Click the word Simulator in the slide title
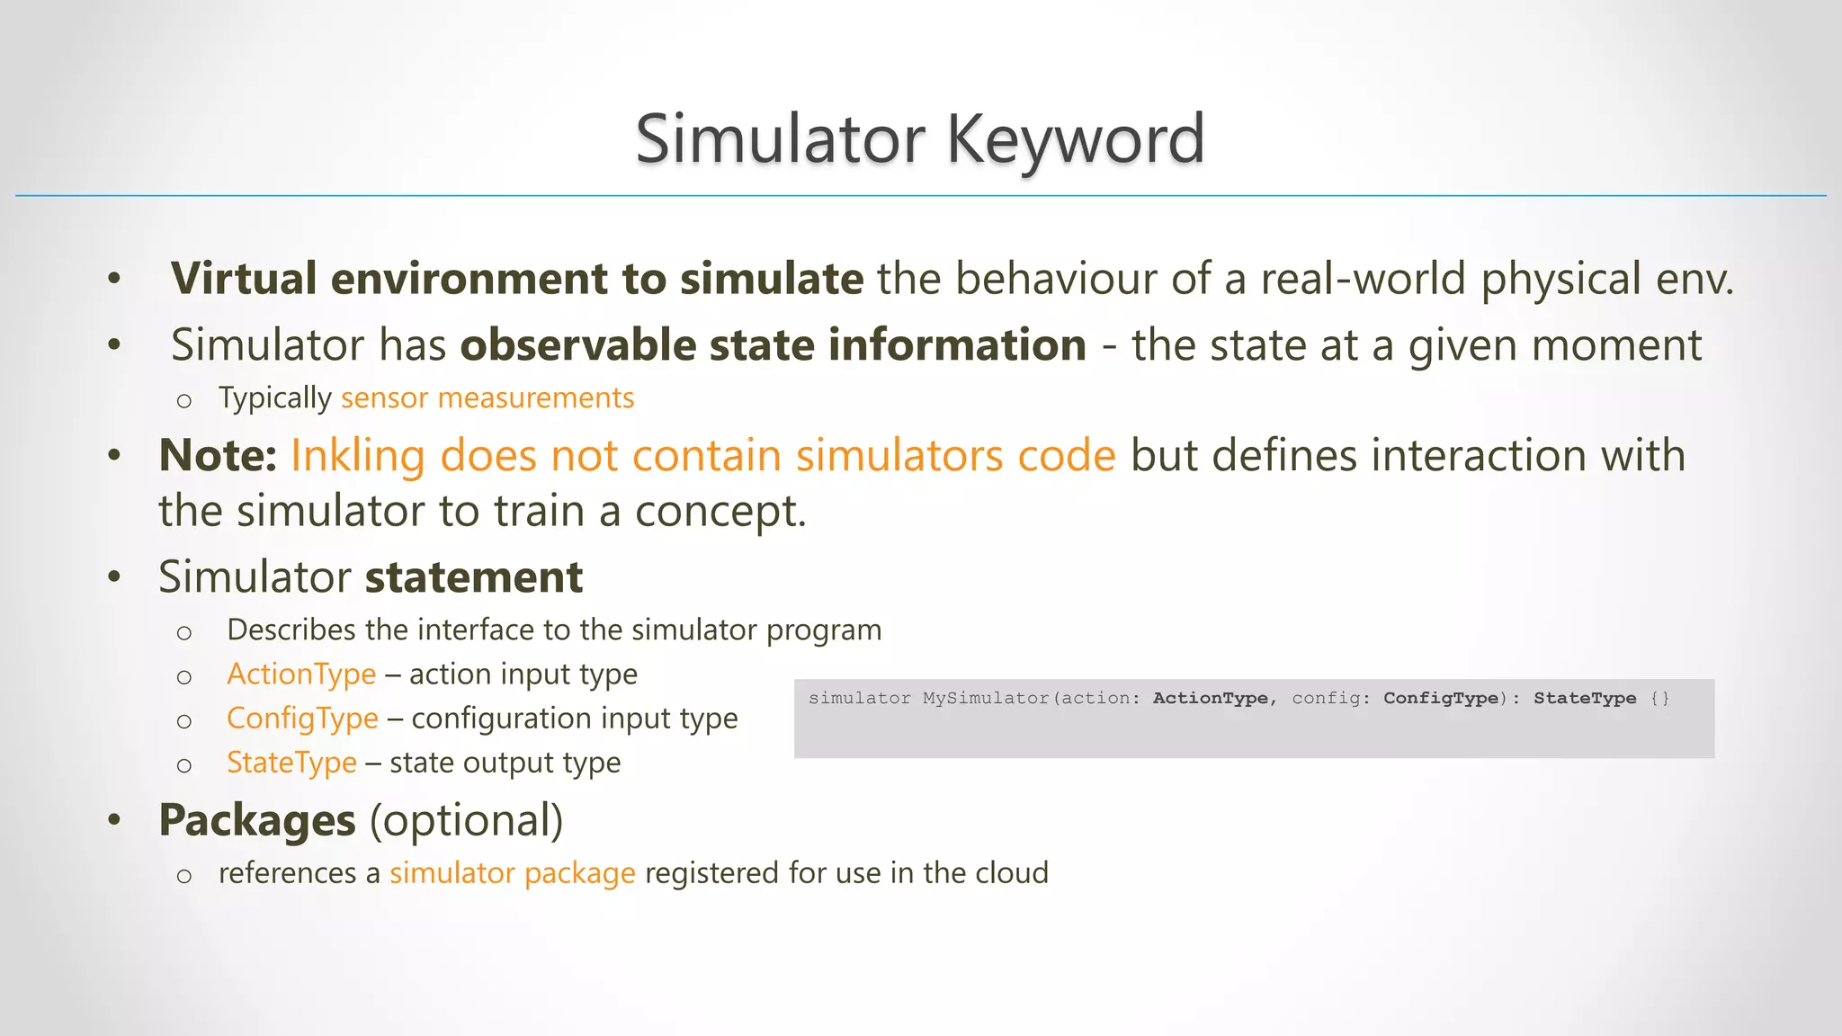[x=780, y=139]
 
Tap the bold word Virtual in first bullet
[x=244, y=278]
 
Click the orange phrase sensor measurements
[x=487, y=397]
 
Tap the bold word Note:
[x=218, y=455]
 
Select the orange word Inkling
[x=357, y=455]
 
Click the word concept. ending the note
[x=720, y=512]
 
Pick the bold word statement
[x=474, y=576]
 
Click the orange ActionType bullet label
[x=301, y=674]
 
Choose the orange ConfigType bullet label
[x=302, y=718]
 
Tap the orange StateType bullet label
[x=291, y=763]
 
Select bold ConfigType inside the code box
[x=1441, y=698]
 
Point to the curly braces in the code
[x=1659, y=698]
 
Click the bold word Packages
[x=257, y=820]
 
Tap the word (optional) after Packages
[x=466, y=820]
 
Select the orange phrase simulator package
[x=512, y=873]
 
